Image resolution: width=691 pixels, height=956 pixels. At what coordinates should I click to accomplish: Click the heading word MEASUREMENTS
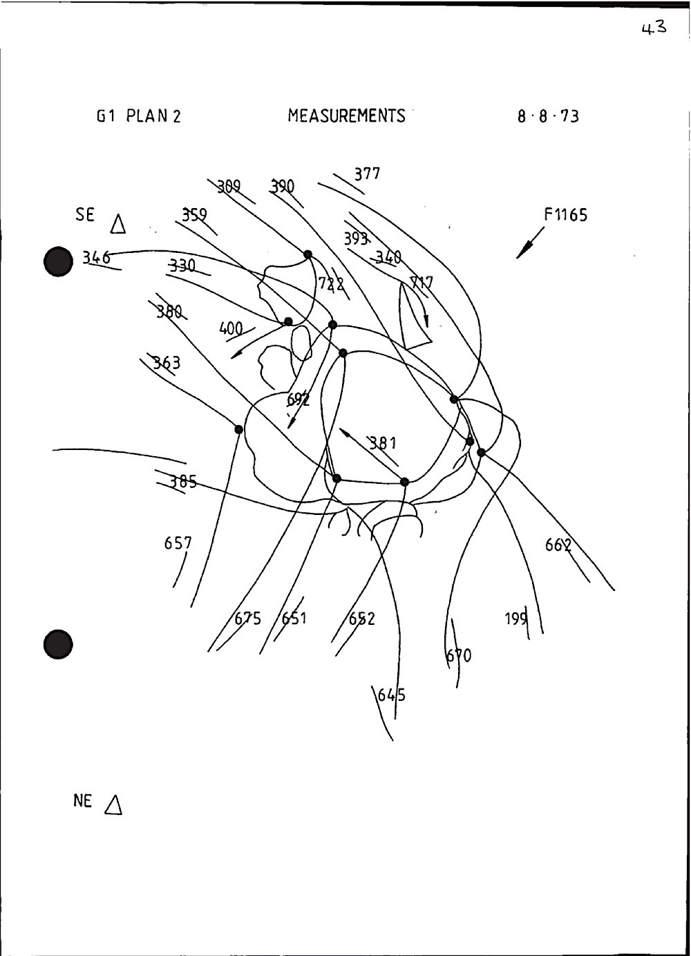[346, 115]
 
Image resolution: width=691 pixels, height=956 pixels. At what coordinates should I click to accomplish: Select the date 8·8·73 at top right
[548, 116]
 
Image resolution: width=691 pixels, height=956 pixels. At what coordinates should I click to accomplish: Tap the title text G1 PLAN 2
[139, 115]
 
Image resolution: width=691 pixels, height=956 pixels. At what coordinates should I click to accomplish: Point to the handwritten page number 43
[653, 28]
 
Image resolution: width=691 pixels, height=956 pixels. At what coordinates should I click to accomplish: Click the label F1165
[565, 215]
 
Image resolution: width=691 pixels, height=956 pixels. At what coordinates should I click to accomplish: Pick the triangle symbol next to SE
[118, 223]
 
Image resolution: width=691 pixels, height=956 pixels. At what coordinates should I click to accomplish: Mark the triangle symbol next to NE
[114, 804]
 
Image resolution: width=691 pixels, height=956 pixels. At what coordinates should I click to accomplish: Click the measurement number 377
[367, 174]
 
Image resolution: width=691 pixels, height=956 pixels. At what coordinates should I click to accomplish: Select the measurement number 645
[391, 695]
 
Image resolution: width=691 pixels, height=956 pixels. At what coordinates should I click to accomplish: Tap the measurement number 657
[178, 543]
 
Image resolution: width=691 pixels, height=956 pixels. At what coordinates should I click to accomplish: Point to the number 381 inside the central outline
[382, 442]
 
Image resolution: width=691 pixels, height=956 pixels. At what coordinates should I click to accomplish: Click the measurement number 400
[231, 328]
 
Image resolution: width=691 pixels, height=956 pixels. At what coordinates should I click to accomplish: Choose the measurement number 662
[558, 545]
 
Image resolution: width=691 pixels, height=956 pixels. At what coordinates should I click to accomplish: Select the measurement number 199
[516, 619]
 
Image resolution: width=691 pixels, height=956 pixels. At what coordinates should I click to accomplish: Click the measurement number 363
[167, 362]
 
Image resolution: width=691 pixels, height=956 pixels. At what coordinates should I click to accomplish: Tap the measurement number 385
[182, 482]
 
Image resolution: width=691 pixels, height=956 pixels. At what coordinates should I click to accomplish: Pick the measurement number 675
[247, 618]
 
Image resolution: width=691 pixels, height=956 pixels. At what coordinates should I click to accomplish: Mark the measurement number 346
[96, 258]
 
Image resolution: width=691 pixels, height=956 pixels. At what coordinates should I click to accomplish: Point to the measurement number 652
[361, 619]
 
